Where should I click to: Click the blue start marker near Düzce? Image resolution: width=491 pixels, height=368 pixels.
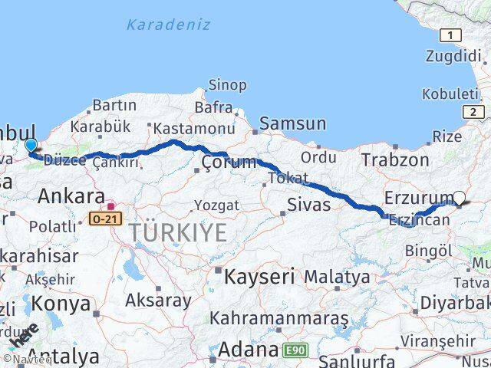(x=31, y=145)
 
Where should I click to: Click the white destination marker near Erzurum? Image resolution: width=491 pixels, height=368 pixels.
(x=460, y=198)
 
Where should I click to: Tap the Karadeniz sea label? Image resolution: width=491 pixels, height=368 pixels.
(x=168, y=25)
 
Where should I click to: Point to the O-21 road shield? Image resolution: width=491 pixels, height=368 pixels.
(x=104, y=219)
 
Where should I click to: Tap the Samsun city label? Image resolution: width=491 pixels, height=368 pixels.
(x=292, y=123)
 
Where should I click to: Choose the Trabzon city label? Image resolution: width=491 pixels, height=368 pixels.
(x=395, y=159)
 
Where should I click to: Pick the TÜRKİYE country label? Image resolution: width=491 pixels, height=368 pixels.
(x=177, y=232)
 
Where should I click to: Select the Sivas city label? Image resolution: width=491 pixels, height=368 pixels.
(x=308, y=204)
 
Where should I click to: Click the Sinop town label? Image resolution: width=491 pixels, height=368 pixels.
(x=228, y=85)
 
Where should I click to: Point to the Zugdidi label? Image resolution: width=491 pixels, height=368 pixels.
(x=453, y=55)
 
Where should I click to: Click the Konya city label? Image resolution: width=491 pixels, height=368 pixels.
(x=60, y=304)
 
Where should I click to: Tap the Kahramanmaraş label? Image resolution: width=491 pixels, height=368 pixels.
(x=279, y=317)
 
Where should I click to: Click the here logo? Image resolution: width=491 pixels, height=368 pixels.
(x=24, y=335)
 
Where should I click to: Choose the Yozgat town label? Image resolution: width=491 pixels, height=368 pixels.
(x=216, y=205)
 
